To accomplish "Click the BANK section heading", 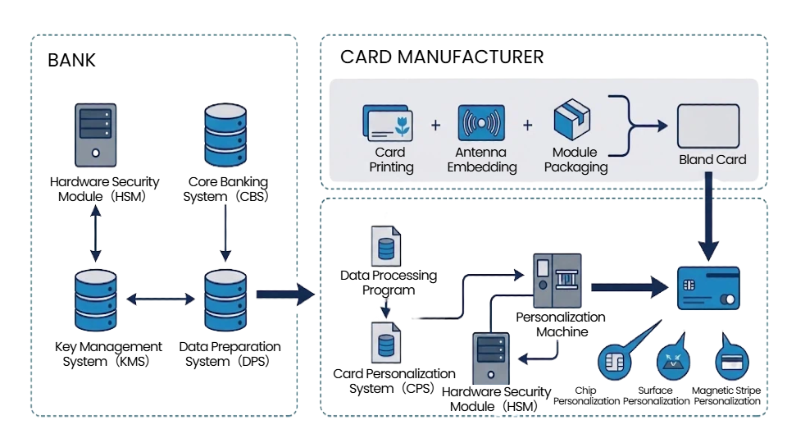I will coord(71,60).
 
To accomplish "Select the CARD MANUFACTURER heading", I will coord(441,57).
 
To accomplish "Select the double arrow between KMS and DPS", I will coord(161,300).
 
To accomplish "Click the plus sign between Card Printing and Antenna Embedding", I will coord(435,126).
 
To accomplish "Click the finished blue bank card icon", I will coord(708,288).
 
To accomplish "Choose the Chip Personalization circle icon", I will coord(616,362).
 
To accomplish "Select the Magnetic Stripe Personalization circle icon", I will coord(731,362).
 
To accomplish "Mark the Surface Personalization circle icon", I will coord(673,362).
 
